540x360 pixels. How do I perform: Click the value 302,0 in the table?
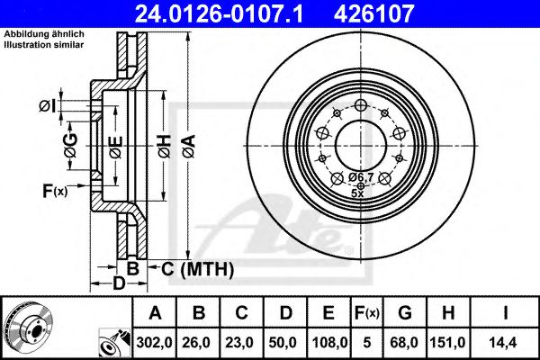(x=155, y=342)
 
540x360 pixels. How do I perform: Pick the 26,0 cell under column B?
(x=197, y=342)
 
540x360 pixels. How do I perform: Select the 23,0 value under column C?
(x=240, y=342)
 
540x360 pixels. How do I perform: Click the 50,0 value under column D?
(x=283, y=342)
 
